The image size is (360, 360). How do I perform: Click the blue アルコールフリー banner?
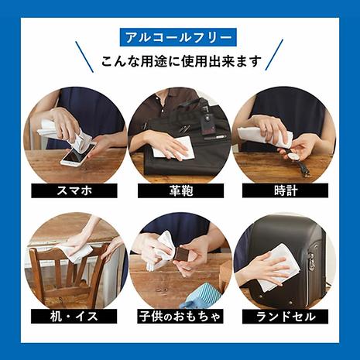point(178,38)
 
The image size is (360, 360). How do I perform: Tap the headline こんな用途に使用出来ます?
point(181,62)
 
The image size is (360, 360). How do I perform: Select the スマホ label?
point(74,190)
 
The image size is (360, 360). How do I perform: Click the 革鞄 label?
point(181,190)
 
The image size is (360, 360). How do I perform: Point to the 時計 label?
point(286,190)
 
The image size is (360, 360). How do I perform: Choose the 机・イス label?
point(74,316)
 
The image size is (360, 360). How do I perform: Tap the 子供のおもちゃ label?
point(180,316)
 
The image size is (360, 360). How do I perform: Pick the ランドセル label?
point(286,316)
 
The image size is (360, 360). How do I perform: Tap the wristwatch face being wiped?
point(293,156)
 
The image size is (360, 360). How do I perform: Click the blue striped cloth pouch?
point(204,297)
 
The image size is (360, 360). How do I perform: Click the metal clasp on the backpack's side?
point(311,261)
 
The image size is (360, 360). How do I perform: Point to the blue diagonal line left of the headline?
point(84,57)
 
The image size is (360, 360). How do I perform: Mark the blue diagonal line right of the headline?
point(274,55)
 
